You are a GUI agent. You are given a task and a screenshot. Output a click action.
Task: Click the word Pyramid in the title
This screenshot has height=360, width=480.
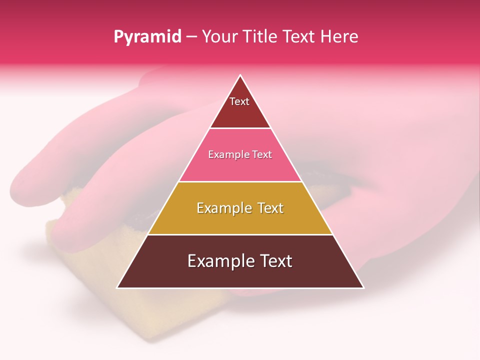tap(147, 37)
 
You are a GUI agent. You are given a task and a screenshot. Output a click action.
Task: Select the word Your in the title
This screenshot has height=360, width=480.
tap(218, 37)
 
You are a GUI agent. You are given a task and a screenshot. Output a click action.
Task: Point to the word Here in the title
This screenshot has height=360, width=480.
tap(339, 37)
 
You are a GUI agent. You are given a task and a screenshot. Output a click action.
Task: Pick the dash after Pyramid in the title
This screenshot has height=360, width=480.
tap(191, 37)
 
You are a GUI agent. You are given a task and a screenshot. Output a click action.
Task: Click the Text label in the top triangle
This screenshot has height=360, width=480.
tap(239, 101)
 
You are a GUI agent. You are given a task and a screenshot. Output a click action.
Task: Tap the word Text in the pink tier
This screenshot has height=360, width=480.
tap(262, 155)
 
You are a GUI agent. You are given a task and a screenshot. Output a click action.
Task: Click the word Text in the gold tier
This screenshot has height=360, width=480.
tap(270, 208)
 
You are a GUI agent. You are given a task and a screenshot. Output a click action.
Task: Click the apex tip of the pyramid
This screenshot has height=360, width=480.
tap(240, 75)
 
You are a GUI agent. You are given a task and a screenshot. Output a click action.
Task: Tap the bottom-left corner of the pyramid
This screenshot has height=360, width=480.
tap(118, 287)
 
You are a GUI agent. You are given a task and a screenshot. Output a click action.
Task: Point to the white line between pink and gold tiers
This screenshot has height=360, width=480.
tap(240, 181)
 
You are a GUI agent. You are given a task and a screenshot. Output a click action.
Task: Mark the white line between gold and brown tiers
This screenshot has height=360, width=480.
tap(240, 234)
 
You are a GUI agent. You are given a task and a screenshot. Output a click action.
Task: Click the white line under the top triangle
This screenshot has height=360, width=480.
tap(240, 128)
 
